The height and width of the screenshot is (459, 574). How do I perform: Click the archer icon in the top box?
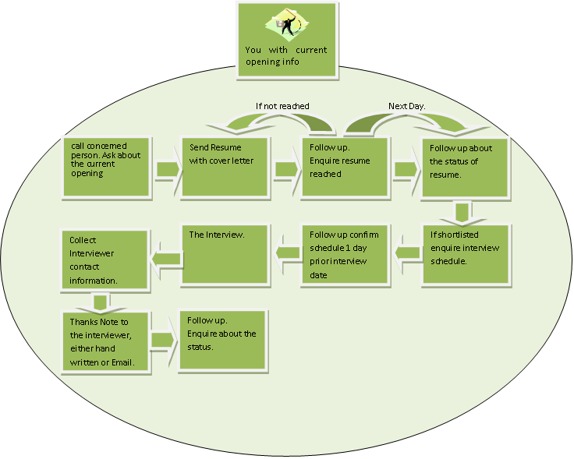tap(287, 25)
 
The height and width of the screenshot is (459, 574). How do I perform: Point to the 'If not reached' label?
tap(282, 106)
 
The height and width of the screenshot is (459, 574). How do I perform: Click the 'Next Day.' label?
tap(407, 106)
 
